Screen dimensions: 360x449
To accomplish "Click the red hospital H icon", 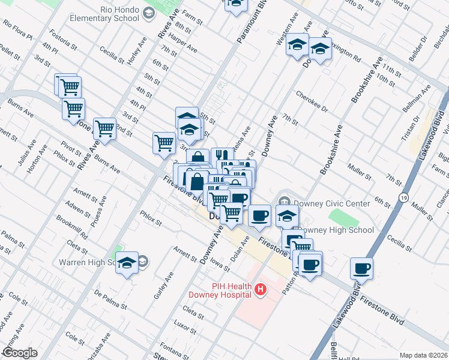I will click(x=261, y=290).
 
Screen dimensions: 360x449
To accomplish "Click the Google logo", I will click(x=20, y=353).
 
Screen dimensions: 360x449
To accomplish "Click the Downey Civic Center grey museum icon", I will click(x=285, y=202).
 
